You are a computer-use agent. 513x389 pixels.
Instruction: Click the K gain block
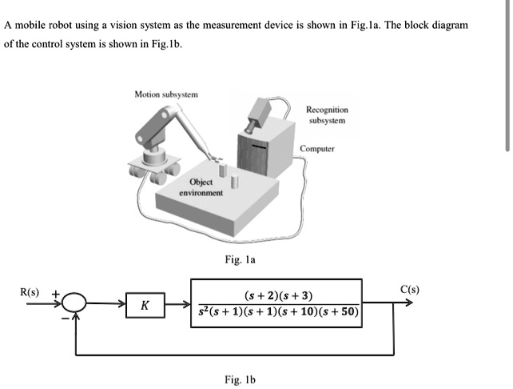point(143,306)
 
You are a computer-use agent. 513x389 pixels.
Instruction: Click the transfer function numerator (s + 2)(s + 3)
point(276,296)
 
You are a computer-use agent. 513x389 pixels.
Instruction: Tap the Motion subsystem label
point(166,94)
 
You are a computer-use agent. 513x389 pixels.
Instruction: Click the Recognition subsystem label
point(326,114)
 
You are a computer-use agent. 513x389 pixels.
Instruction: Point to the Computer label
point(317,149)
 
